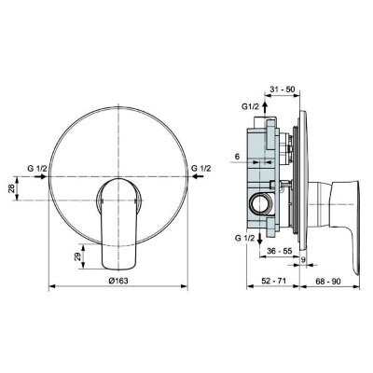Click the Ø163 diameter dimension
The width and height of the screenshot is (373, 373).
(117, 281)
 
